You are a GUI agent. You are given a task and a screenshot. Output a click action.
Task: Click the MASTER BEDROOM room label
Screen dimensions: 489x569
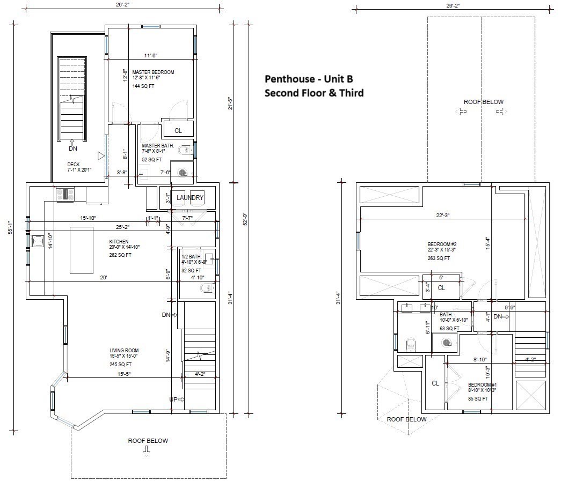coord(153,72)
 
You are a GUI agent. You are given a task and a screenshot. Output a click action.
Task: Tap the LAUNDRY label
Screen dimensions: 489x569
coord(190,198)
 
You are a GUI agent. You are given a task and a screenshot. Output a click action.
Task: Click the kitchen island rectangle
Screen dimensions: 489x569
coord(81,250)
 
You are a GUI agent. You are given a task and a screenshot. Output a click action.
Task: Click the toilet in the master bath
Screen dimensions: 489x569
coord(186,150)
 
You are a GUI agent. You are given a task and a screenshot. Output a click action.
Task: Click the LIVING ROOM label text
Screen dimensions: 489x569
coord(124,351)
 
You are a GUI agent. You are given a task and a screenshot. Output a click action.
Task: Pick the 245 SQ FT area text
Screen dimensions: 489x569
coord(121,364)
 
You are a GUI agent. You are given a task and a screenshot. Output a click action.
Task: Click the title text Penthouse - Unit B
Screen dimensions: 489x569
coord(308,79)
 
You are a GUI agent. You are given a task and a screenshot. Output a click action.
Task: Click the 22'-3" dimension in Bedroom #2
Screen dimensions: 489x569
coord(442,216)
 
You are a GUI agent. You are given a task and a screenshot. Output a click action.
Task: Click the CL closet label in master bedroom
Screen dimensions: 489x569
coord(178,130)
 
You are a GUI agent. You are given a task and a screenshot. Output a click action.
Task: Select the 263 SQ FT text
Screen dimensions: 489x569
coord(439,258)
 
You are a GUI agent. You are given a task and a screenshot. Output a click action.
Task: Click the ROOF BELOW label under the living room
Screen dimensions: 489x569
coord(148,441)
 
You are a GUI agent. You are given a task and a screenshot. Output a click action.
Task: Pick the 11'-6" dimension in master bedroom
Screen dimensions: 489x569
coord(151,55)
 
